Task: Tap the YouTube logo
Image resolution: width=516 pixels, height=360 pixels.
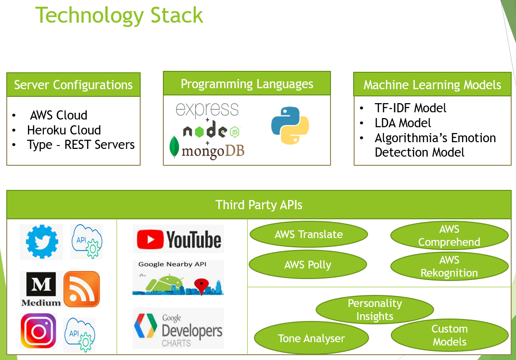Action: click(x=179, y=239)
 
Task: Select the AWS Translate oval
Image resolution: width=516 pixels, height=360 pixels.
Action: click(x=308, y=235)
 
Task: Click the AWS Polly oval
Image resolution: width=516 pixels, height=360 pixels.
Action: click(x=308, y=265)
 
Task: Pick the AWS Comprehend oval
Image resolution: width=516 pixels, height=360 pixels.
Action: click(x=449, y=236)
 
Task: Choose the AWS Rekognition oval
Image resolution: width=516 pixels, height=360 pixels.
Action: click(x=449, y=267)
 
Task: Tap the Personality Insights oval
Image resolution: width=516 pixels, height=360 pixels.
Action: click(x=374, y=310)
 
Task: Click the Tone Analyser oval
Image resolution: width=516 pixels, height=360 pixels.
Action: click(x=311, y=338)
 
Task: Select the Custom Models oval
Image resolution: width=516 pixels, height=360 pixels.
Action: click(x=449, y=335)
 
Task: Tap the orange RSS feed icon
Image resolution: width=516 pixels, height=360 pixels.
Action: click(x=81, y=289)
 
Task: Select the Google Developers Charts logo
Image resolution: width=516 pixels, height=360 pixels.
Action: click(x=178, y=329)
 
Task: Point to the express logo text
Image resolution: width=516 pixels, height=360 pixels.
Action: click(x=207, y=109)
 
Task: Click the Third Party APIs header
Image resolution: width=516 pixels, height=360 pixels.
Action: click(x=259, y=205)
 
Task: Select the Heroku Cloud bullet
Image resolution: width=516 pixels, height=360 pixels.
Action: click(x=64, y=130)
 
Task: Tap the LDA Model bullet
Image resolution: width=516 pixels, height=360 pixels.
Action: click(x=403, y=123)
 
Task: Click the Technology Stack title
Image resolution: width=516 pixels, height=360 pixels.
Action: click(x=119, y=15)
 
